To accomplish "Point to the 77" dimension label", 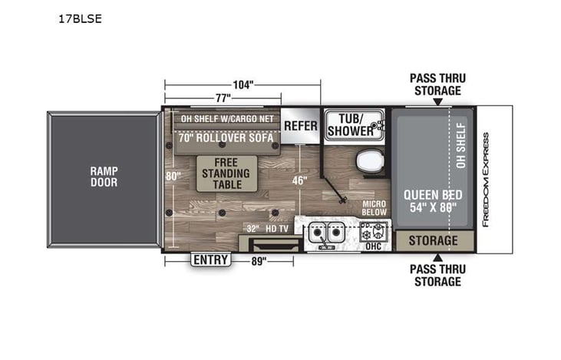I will point(223,97).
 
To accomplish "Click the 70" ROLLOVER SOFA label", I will point(226,139).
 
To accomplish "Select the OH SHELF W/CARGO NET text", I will point(226,119).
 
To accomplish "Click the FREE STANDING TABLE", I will point(226,173).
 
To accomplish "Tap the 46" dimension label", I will point(299,181).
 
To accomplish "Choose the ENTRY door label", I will point(210,260).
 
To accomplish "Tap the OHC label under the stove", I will point(374,247).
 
